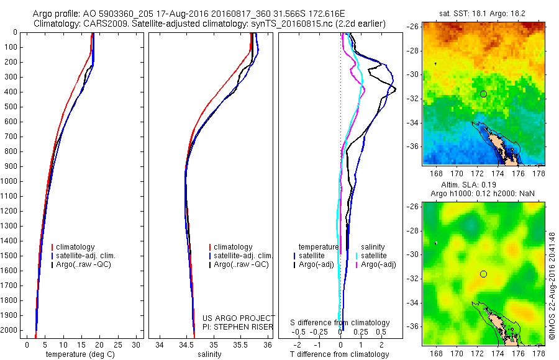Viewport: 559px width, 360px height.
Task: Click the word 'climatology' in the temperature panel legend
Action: (75, 247)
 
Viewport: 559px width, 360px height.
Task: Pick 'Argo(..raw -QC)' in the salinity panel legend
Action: (241, 264)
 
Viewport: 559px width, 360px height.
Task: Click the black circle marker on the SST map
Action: (483, 94)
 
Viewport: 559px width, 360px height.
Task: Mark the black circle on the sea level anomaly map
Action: (483, 274)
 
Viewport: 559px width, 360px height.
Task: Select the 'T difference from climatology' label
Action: (340, 354)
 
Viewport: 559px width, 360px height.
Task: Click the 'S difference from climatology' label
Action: (340, 323)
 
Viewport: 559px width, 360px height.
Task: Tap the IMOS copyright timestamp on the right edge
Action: (552, 286)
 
